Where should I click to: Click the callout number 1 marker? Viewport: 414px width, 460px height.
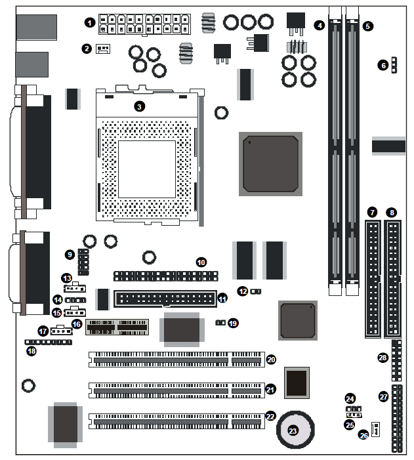point(90,22)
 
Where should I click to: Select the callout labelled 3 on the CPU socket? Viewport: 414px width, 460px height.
point(139,106)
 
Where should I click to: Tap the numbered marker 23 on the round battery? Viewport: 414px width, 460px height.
point(293,430)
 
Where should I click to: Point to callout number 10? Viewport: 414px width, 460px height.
point(201,262)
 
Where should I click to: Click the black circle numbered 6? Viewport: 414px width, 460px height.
point(383,65)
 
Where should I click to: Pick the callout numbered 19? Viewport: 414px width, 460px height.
point(233,324)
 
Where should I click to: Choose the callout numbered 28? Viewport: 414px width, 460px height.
point(383,358)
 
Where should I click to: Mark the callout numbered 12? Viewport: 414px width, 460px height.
point(243,291)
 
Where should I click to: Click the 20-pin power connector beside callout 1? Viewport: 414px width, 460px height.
point(144,24)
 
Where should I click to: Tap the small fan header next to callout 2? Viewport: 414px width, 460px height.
point(103,49)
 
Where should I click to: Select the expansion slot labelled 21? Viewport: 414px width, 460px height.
point(176,390)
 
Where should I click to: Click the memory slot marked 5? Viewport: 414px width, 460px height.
point(352,151)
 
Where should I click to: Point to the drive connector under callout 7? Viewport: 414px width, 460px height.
point(373,279)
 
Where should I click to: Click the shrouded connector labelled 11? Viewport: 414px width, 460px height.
point(165,299)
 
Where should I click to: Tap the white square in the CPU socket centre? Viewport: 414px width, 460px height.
point(147,169)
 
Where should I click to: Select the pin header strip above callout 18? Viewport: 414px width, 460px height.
point(48,342)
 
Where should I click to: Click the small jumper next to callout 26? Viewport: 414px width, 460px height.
point(375,429)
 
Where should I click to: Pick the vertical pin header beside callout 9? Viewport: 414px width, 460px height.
point(83,262)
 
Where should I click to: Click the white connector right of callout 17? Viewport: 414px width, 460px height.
point(61,331)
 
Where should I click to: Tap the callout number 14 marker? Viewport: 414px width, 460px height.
point(58,300)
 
